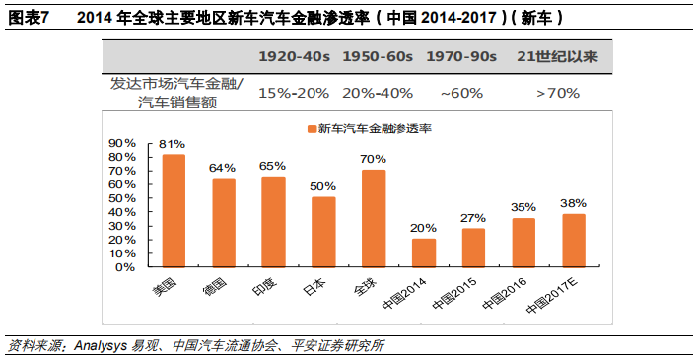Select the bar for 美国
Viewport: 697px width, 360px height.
click(174, 210)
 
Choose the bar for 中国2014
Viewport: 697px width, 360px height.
click(424, 252)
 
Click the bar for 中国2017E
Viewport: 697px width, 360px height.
click(574, 240)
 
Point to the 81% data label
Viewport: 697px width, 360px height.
click(174, 144)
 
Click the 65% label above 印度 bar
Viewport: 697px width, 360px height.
click(273, 166)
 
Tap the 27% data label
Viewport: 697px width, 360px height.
click(474, 218)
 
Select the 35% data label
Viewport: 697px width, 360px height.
click(523, 207)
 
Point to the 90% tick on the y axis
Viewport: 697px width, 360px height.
click(122, 143)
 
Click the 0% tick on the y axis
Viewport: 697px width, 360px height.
click(126, 266)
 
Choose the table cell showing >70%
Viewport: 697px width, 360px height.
click(557, 93)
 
